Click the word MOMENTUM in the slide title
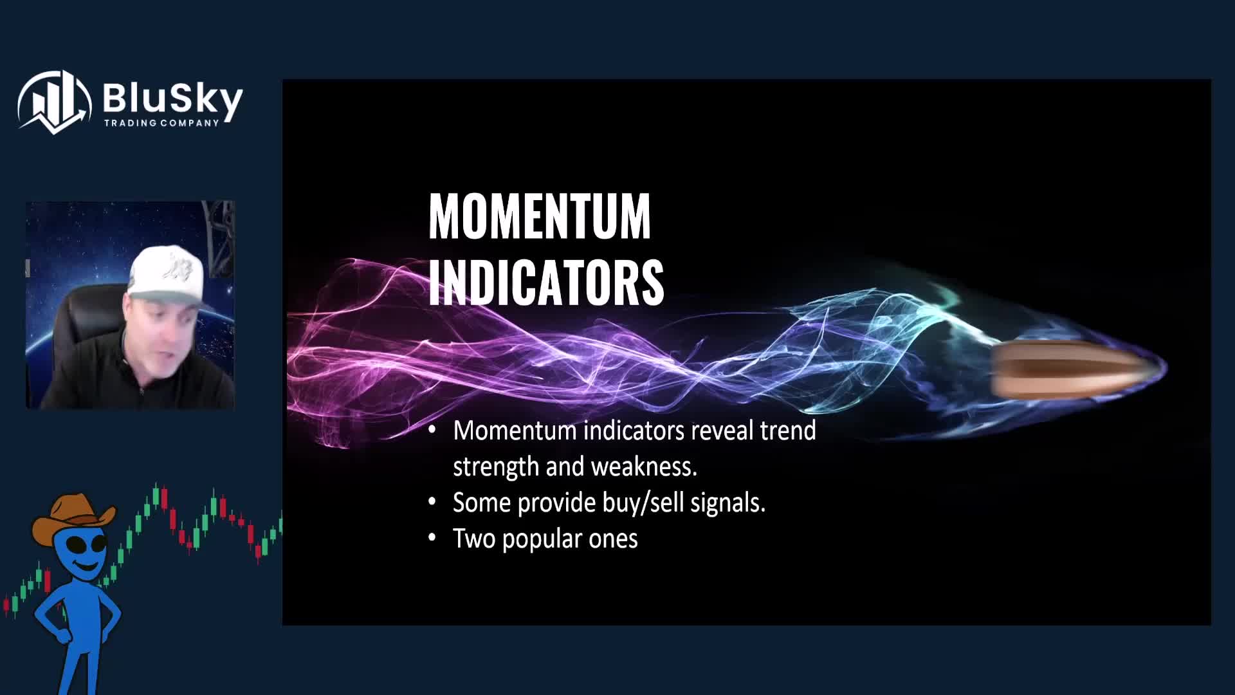[540, 216]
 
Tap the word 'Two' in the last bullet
[474, 539]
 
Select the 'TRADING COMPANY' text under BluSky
[161, 123]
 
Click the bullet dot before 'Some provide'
[432, 503]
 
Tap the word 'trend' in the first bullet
[788, 431]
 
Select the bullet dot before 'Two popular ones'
[432, 539]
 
